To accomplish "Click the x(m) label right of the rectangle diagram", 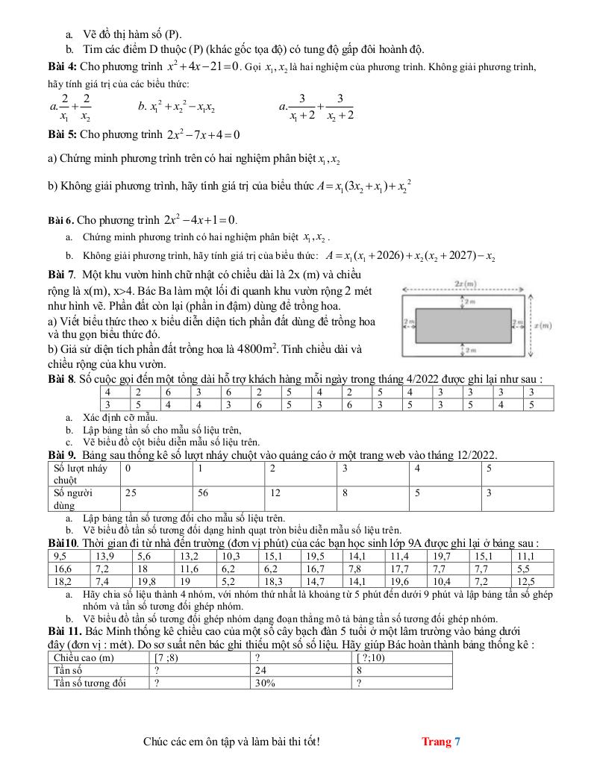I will [542, 325].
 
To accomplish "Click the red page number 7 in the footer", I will [457, 741].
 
